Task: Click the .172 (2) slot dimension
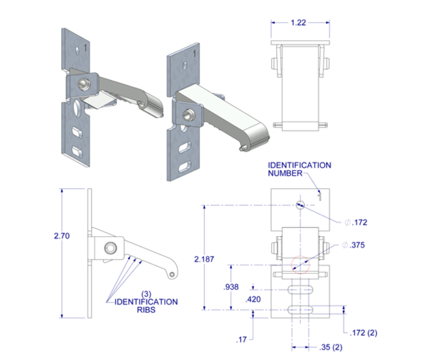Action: click(365, 333)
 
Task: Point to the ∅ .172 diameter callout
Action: click(356, 222)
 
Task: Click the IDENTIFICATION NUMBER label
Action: click(299, 169)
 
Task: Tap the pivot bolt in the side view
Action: click(111, 248)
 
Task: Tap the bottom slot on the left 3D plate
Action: click(78, 150)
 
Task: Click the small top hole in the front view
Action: click(300, 203)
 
